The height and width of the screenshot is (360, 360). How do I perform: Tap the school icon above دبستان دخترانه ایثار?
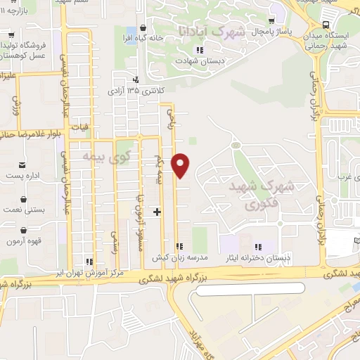[x=259, y=246]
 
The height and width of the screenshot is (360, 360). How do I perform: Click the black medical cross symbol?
[x=157, y=211]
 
